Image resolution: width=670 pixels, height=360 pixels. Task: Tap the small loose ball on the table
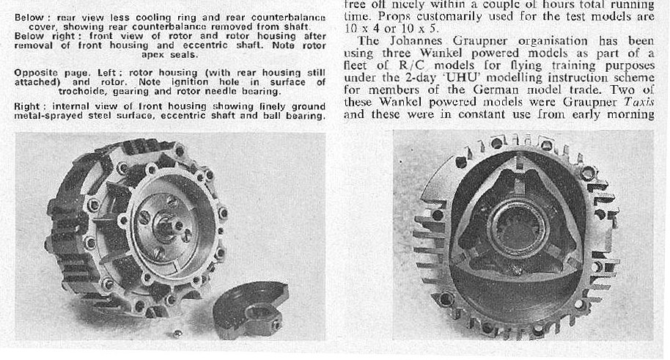[x=177, y=334]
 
